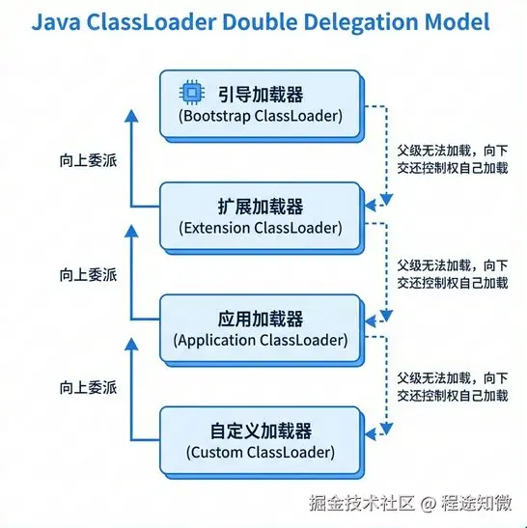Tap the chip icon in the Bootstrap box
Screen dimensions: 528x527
click(193, 94)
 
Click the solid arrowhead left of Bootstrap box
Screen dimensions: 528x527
click(133, 112)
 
